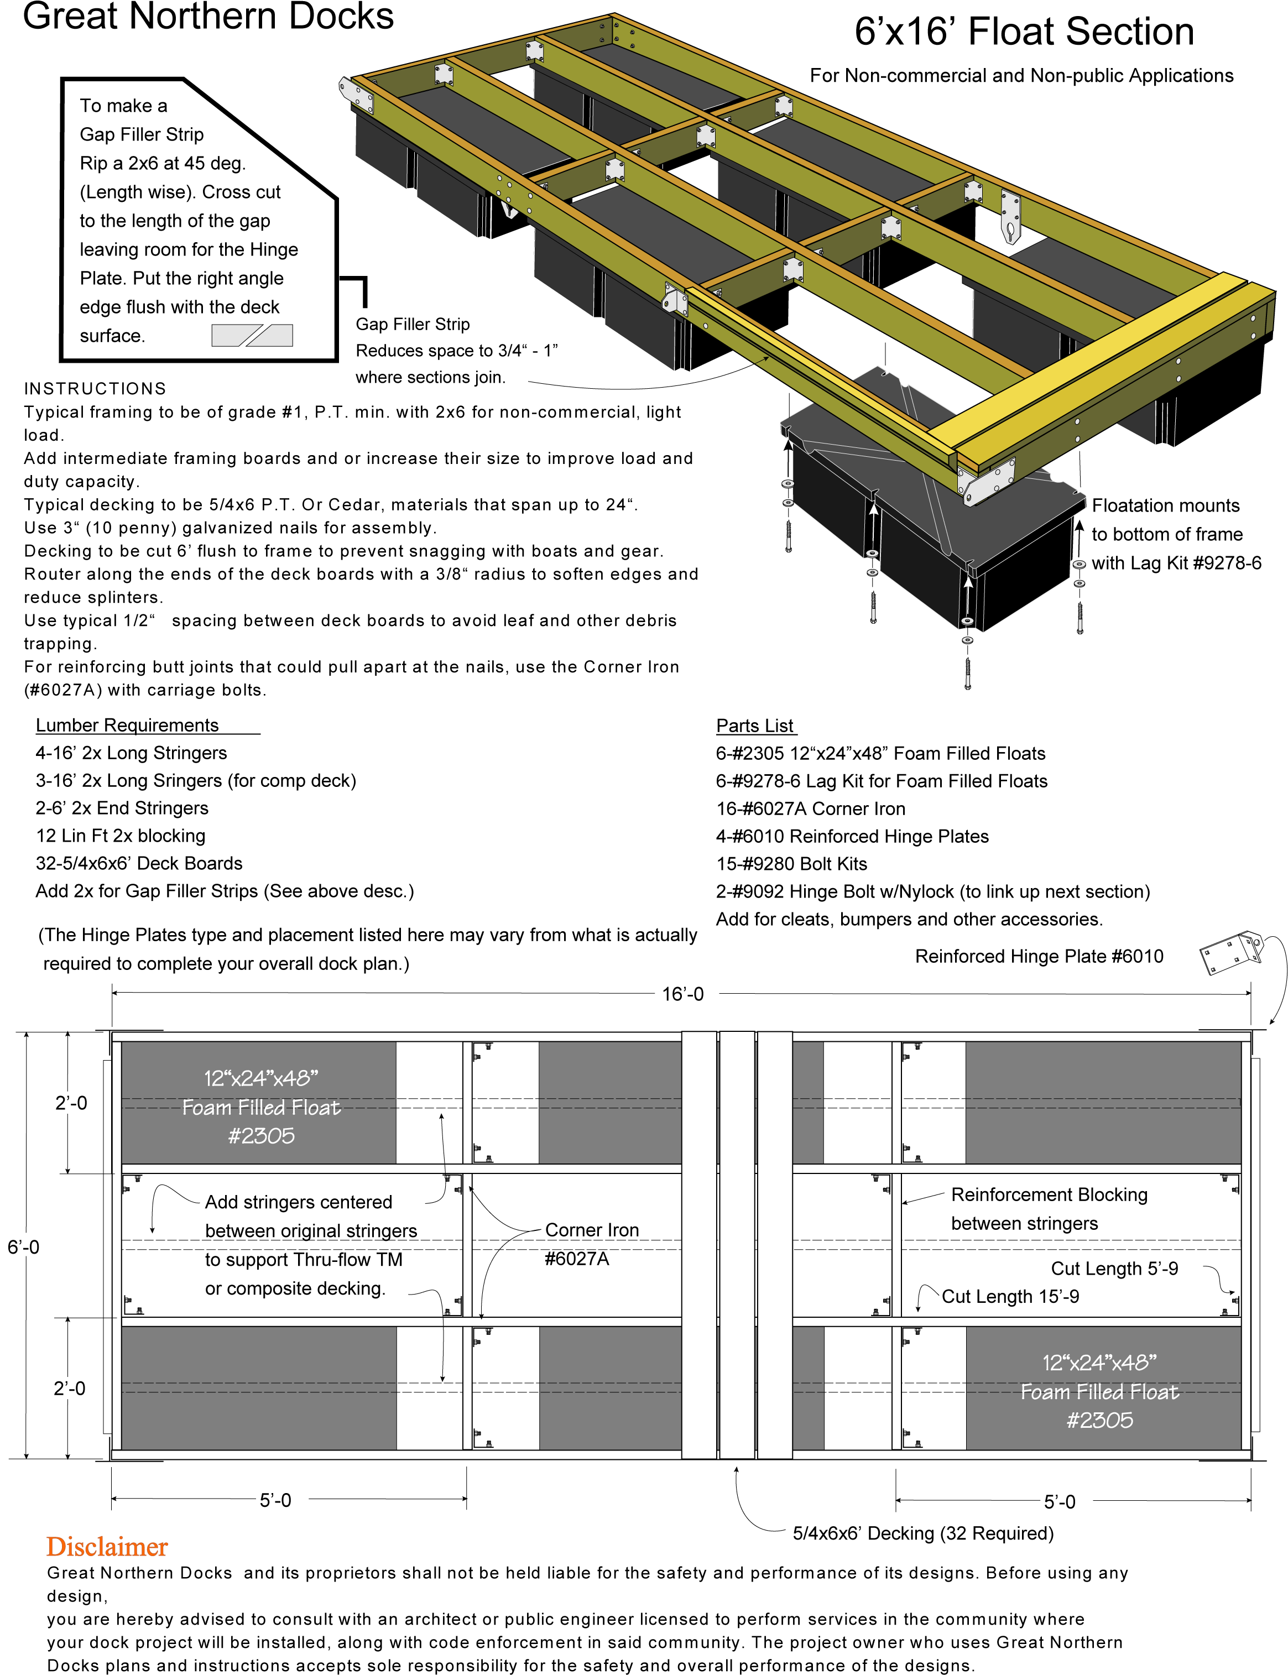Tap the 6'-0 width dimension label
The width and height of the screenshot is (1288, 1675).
tap(26, 1246)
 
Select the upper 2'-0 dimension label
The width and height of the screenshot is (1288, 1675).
tap(71, 1102)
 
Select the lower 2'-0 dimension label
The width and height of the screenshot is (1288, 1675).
tap(69, 1387)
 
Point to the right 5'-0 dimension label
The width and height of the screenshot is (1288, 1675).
tap(1065, 1501)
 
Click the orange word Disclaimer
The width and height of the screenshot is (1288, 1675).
tap(107, 1547)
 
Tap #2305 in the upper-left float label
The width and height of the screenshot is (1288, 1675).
tap(260, 1136)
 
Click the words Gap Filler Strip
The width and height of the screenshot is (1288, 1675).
tap(142, 134)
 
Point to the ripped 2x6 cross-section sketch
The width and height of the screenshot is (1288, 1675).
tap(252, 336)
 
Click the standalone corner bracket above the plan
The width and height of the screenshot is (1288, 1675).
tap(1231, 952)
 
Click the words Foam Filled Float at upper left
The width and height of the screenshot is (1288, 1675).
tap(260, 1108)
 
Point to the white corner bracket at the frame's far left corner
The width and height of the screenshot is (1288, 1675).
tap(357, 95)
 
